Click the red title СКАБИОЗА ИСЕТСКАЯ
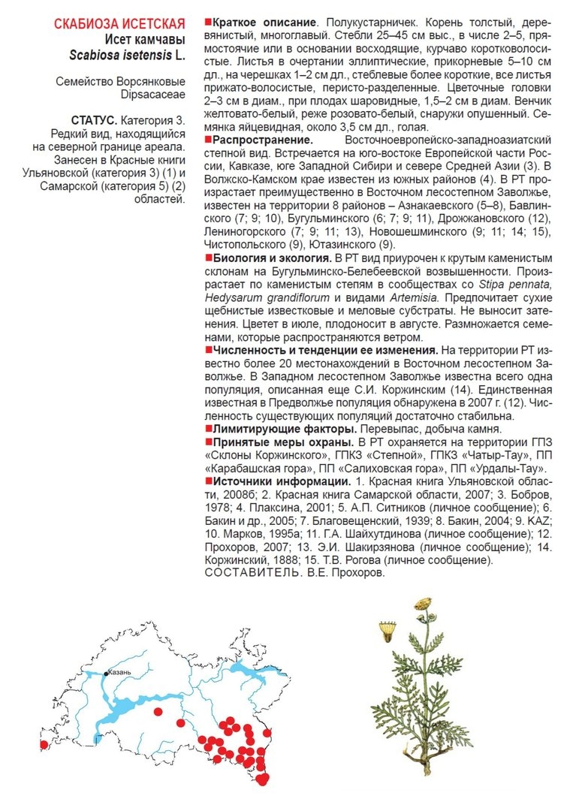pyautogui.click(x=119, y=24)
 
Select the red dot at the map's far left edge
pyautogui.click(x=44, y=744)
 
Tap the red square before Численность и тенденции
pyautogui.click(x=208, y=350)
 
